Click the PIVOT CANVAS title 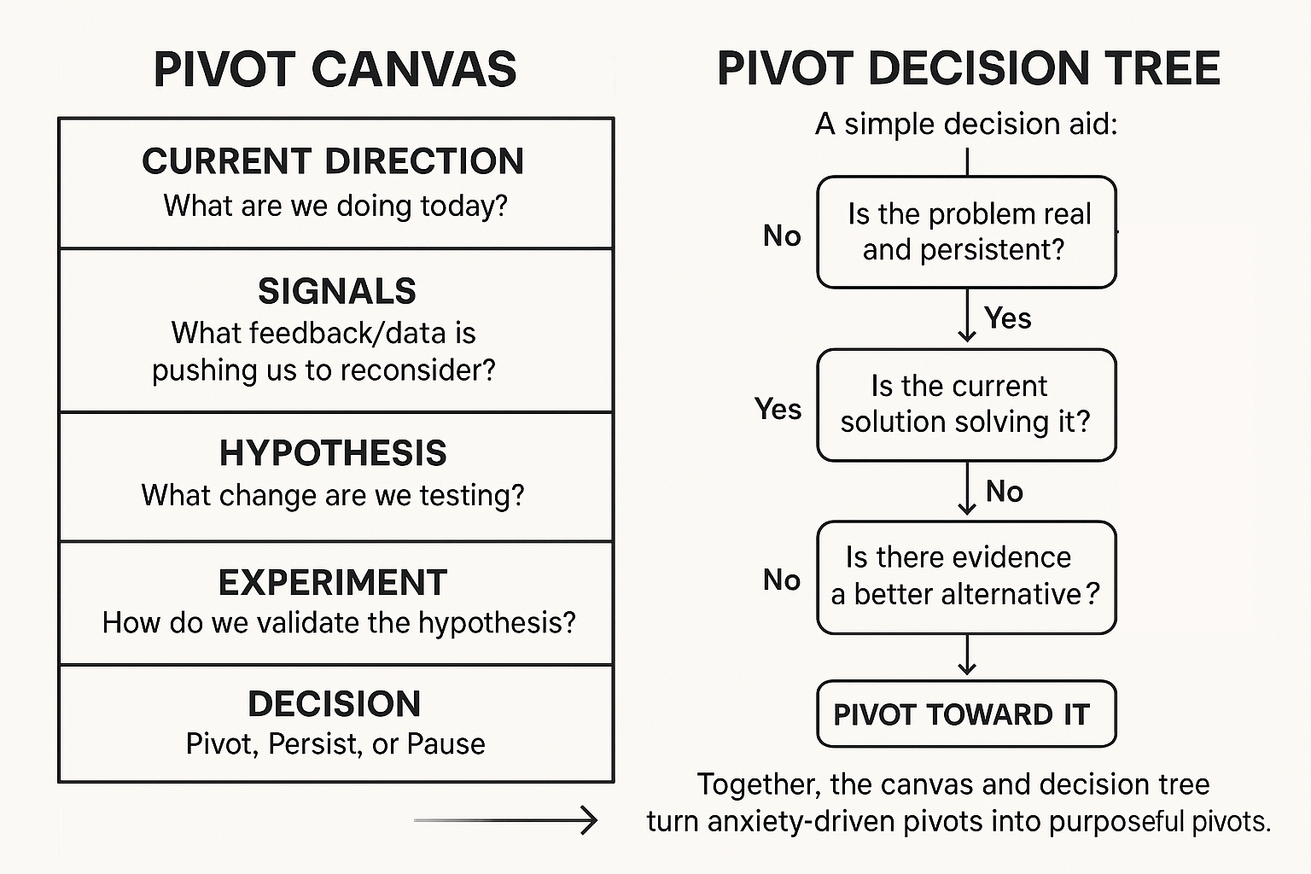coord(335,69)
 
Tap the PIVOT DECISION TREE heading coord(968,69)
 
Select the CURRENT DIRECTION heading coord(333,161)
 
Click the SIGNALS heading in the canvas coord(336,292)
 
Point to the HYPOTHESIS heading coord(333,453)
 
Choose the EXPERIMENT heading coord(333,583)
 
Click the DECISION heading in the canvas coord(335,704)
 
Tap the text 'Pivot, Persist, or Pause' coord(335,744)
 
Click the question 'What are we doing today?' coord(335,206)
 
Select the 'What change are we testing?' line coord(333,495)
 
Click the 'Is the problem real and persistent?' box coord(966,232)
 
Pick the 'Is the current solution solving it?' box coord(966,405)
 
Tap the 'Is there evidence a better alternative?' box coord(966,577)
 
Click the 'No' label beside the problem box coord(782,236)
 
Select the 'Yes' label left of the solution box coord(778,409)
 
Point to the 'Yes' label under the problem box coord(1007,318)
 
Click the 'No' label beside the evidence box coord(782,580)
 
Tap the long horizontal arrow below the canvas coord(505,820)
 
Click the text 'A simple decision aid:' coord(966,125)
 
